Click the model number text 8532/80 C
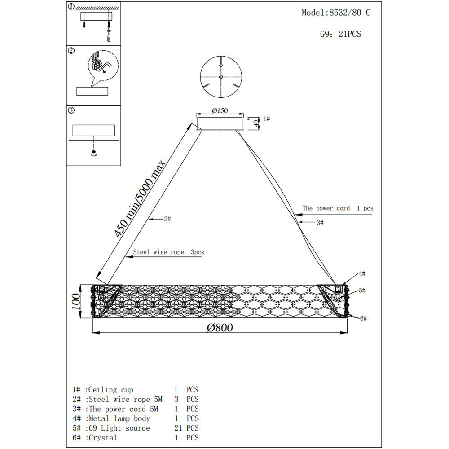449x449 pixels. coord(350,13)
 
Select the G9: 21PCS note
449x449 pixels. coord(340,34)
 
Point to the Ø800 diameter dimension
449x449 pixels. coord(220,327)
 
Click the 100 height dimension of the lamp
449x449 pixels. coord(76,301)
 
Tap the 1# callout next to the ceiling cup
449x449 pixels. coord(266,119)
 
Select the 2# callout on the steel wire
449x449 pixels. coord(167,219)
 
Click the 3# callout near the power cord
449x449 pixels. coord(320,222)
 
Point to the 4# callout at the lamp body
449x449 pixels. coord(362,273)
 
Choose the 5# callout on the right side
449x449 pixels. coord(362,291)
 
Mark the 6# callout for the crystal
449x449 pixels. coord(363,318)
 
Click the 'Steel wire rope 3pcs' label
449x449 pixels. coord(168,252)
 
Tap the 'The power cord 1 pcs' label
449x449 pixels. coord(338,208)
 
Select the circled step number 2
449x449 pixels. coord(71,51)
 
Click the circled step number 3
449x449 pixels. coord(71,110)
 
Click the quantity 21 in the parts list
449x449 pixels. coord(179,428)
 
